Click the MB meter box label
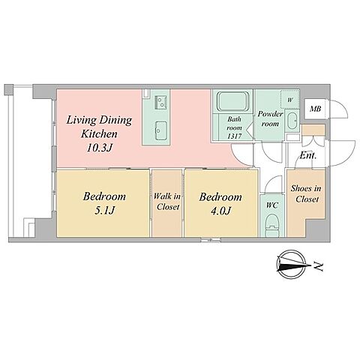315,109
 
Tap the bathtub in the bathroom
233,101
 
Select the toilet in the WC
272,225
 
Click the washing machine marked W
289,100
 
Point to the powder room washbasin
291,121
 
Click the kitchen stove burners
160,102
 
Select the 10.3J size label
99,148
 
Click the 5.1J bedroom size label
104,211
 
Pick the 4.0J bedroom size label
220,211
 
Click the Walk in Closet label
167,202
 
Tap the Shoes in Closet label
306,193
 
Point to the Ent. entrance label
308,156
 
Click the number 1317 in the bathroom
234,136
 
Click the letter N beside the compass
319,266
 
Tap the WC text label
272,205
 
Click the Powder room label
270,118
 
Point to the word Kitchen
99,134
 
